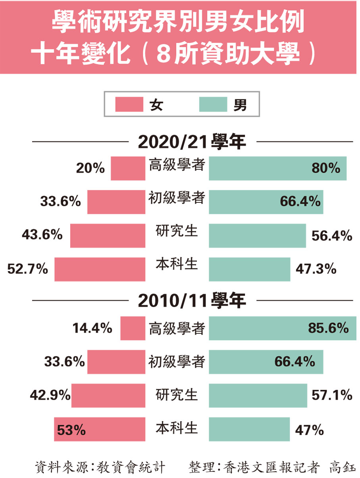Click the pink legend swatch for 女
point(129,105)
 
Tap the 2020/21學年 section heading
point(192,142)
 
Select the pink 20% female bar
point(128,168)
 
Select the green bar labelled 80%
point(278,168)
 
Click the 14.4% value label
point(92,328)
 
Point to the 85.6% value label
point(328,328)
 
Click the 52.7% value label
point(27,269)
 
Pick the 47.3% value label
point(316,269)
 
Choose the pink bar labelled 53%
point(99,429)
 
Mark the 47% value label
point(310,430)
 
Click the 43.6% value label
point(42,235)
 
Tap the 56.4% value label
point(332,235)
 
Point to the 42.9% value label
point(50,395)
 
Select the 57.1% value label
point(332,395)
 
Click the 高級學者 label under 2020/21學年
point(177,164)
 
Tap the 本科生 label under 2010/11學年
point(177,428)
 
